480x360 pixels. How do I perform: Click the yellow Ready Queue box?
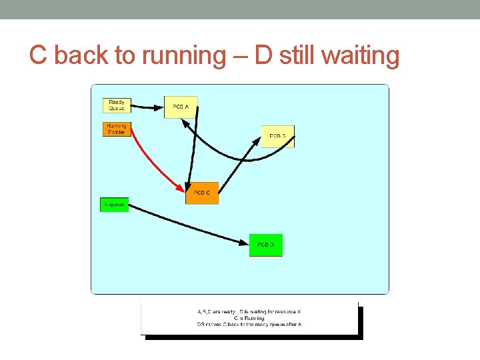click(117, 105)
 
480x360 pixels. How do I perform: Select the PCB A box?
click(181, 107)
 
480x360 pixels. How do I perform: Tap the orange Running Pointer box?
click(117, 129)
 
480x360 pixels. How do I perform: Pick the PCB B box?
click(277, 136)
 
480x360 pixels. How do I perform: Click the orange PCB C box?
click(202, 193)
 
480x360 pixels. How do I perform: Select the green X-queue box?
click(114, 205)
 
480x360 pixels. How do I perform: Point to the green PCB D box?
click(265, 245)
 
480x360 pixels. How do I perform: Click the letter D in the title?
click(263, 56)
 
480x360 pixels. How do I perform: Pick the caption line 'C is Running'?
click(249, 318)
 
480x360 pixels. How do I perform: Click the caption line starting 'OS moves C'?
click(249, 324)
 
